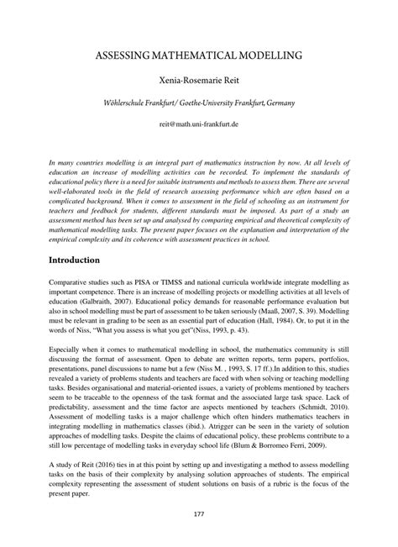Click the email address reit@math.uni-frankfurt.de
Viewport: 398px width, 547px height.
click(x=199, y=124)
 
